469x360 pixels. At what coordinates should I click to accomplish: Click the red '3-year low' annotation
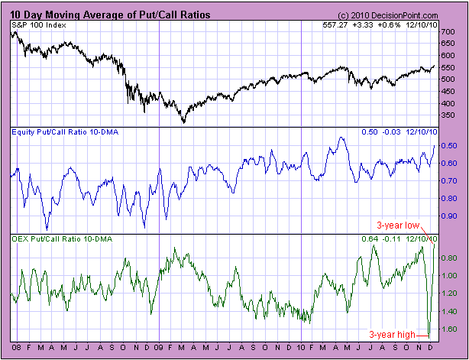click(395, 225)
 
